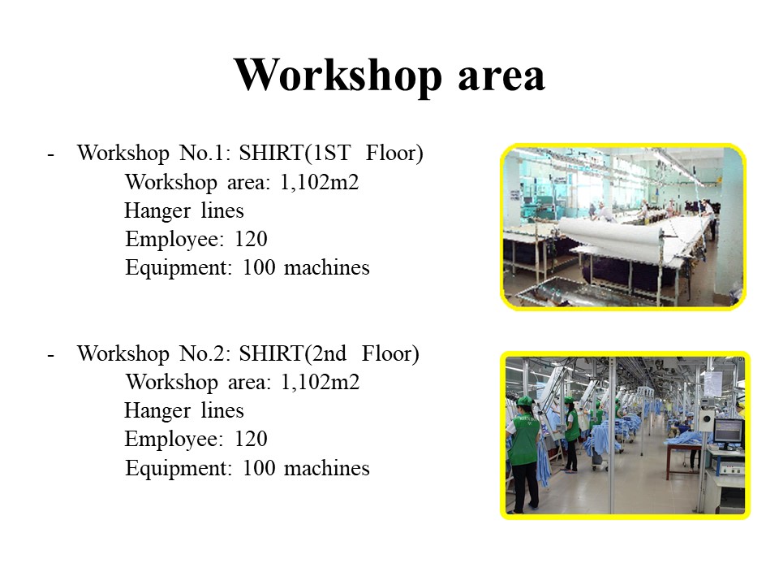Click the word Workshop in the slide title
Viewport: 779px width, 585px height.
(338, 75)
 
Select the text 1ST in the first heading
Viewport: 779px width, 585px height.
(333, 153)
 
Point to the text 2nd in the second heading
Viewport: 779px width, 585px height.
(329, 353)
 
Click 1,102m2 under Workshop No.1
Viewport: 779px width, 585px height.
(320, 182)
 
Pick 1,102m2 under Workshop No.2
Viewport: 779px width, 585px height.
(321, 383)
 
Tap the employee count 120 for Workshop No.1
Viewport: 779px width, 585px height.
(251, 239)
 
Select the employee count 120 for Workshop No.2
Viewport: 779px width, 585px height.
(251, 440)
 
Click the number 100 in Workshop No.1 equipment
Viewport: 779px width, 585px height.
(259, 267)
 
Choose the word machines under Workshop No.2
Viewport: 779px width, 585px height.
(327, 469)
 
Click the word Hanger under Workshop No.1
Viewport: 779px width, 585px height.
(157, 211)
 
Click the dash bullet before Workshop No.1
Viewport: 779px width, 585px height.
(50, 154)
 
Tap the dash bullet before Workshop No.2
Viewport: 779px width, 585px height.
(50, 356)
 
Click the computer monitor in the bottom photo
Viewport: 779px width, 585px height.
(729, 432)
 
